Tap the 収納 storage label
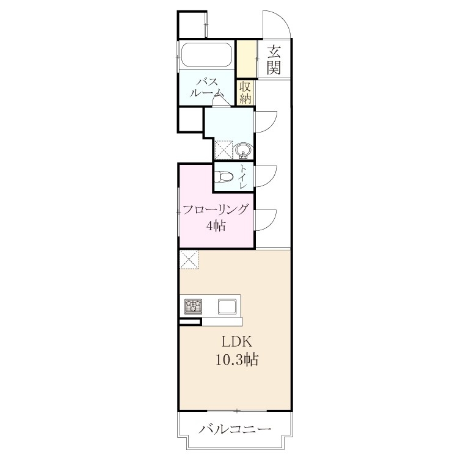(245, 93)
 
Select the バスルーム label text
(207, 87)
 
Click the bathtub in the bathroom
(207, 55)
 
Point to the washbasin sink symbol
(244, 150)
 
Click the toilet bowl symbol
(224, 176)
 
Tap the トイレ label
(243, 176)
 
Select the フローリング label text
(216, 209)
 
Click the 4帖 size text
(216, 225)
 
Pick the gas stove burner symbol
(193, 307)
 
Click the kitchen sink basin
(227, 307)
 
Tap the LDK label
(237, 342)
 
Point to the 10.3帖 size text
(237, 360)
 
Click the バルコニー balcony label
(235, 429)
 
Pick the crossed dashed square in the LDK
(189, 260)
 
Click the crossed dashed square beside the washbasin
(224, 150)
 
